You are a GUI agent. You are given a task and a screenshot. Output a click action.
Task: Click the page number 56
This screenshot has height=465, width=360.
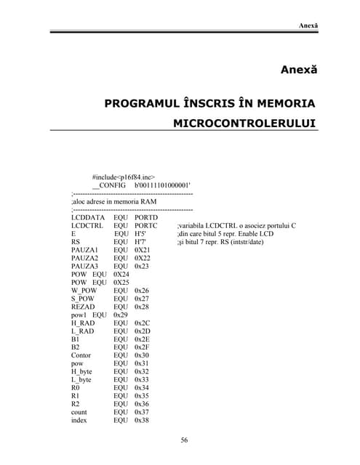tap(185, 440)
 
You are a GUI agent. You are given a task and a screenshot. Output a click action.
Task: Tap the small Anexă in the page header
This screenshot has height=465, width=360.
tap(308, 26)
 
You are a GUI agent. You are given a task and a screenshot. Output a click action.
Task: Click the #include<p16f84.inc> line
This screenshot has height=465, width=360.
tap(124, 177)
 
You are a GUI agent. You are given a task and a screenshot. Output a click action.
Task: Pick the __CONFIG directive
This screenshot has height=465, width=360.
tap(108, 186)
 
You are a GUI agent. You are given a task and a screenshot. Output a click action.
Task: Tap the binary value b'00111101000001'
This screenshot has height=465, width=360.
tap(163, 186)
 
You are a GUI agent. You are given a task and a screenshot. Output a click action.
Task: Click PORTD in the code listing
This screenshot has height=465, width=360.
tap(146, 217)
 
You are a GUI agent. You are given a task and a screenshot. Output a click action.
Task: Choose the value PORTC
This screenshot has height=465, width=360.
tap(146, 226)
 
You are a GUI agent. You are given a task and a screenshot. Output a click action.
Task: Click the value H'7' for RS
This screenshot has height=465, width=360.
tap(140, 242)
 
